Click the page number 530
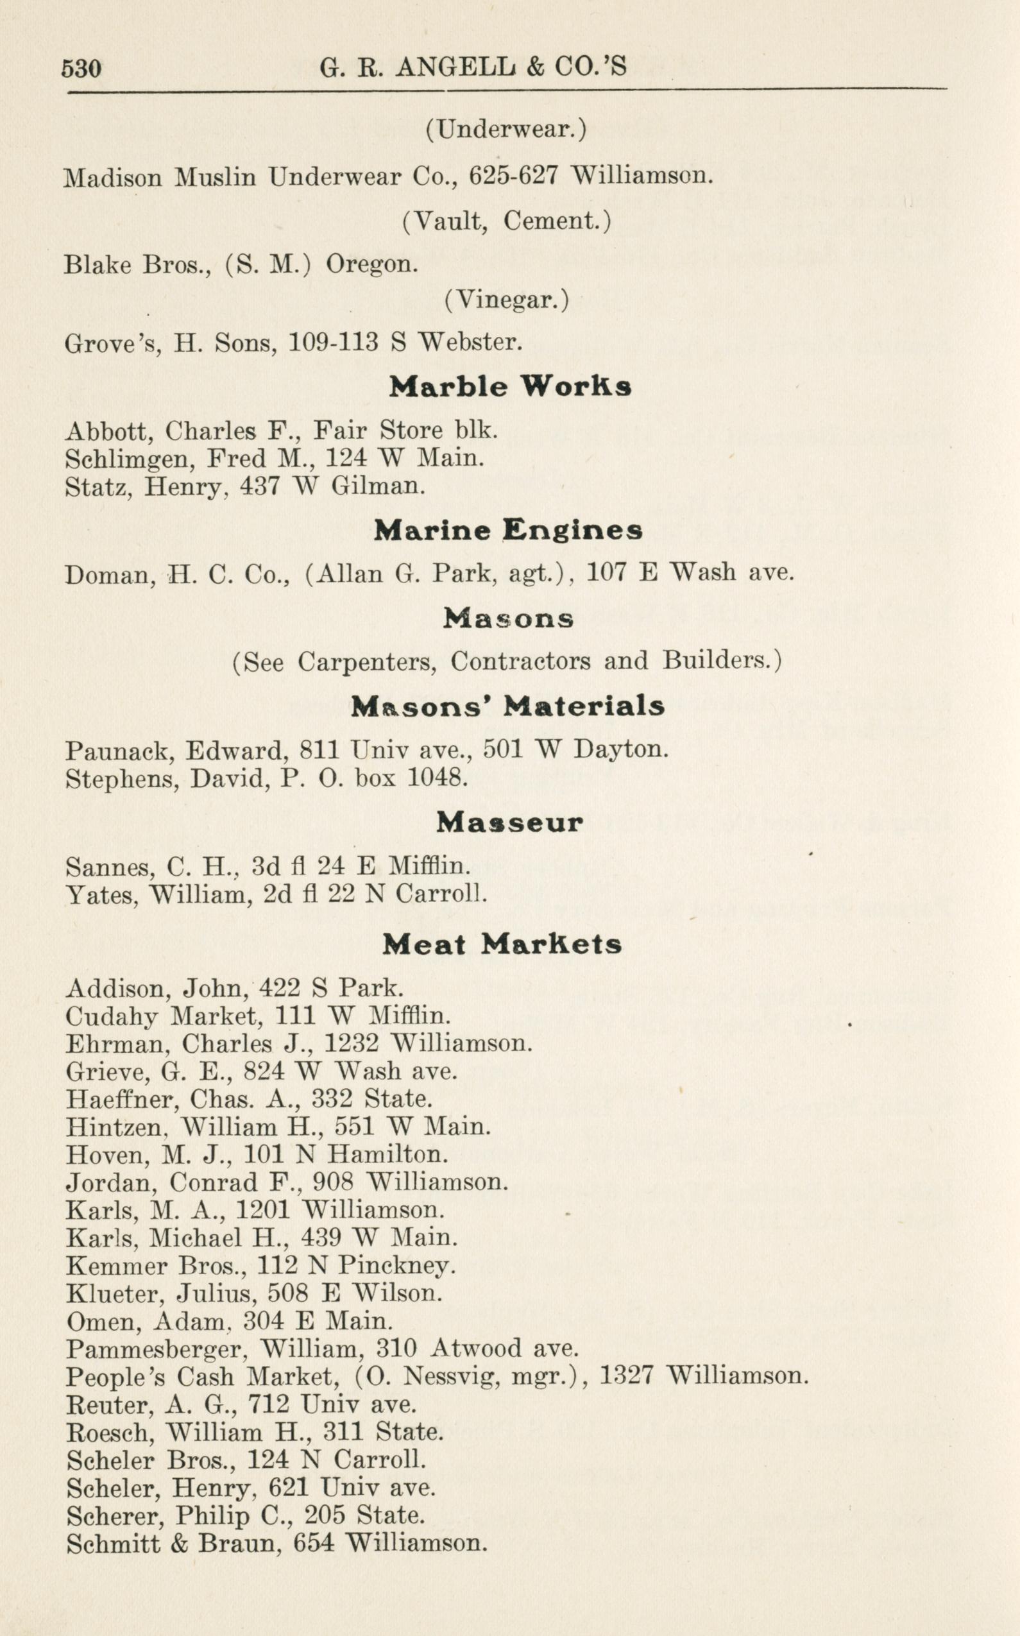pos(81,69)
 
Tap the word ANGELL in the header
pos(459,67)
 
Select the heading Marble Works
pos(510,387)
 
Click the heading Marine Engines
pos(508,531)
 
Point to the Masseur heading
pos(509,822)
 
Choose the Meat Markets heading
pos(502,944)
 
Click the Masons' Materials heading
pos(508,706)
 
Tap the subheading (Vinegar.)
pos(506,300)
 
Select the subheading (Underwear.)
pos(506,129)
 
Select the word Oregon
pos(371,264)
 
